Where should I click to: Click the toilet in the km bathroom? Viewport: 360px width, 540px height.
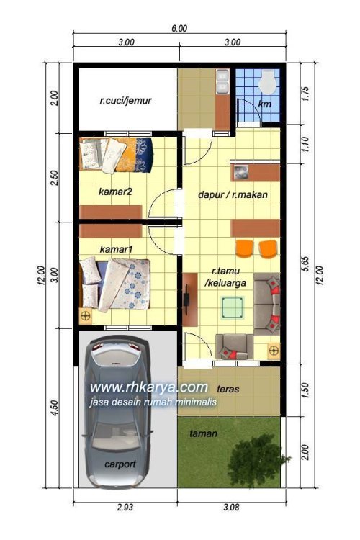pyautogui.click(x=268, y=81)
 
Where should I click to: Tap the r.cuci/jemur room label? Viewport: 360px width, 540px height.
pyautogui.click(x=125, y=101)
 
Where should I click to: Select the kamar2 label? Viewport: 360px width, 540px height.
pyautogui.click(x=115, y=191)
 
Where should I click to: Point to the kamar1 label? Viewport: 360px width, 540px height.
pyautogui.click(x=116, y=248)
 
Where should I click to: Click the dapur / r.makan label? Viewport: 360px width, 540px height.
pyautogui.click(x=233, y=194)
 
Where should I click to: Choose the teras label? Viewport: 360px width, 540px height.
pyautogui.click(x=228, y=389)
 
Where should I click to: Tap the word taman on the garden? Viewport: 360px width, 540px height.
pyautogui.click(x=203, y=433)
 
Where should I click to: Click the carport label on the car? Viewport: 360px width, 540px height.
pyautogui.click(x=120, y=464)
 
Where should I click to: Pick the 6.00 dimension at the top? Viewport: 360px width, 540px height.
pyautogui.click(x=179, y=28)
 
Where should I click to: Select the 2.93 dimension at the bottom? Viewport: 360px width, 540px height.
pyautogui.click(x=125, y=508)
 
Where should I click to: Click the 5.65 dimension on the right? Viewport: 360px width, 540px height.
pyautogui.click(x=305, y=264)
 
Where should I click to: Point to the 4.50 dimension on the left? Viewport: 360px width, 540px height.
pyautogui.click(x=54, y=408)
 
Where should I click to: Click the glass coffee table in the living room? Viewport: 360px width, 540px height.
pyautogui.click(x=233, y=307)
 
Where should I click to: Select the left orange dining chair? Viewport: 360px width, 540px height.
pyautogui.click(x=245, y=248)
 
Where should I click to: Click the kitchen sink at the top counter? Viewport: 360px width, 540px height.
pyautogui.click(x=222, y=81)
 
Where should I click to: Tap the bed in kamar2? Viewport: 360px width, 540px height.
pyautogui.click(x=116, y=155)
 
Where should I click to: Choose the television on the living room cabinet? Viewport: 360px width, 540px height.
pyautogui.click(x=186, y=300)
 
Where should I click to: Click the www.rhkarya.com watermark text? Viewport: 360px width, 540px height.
pyautogui.click(x=148, y=387)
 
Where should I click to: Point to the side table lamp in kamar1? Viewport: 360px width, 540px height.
pyautogui.click(x=86, y=316)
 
